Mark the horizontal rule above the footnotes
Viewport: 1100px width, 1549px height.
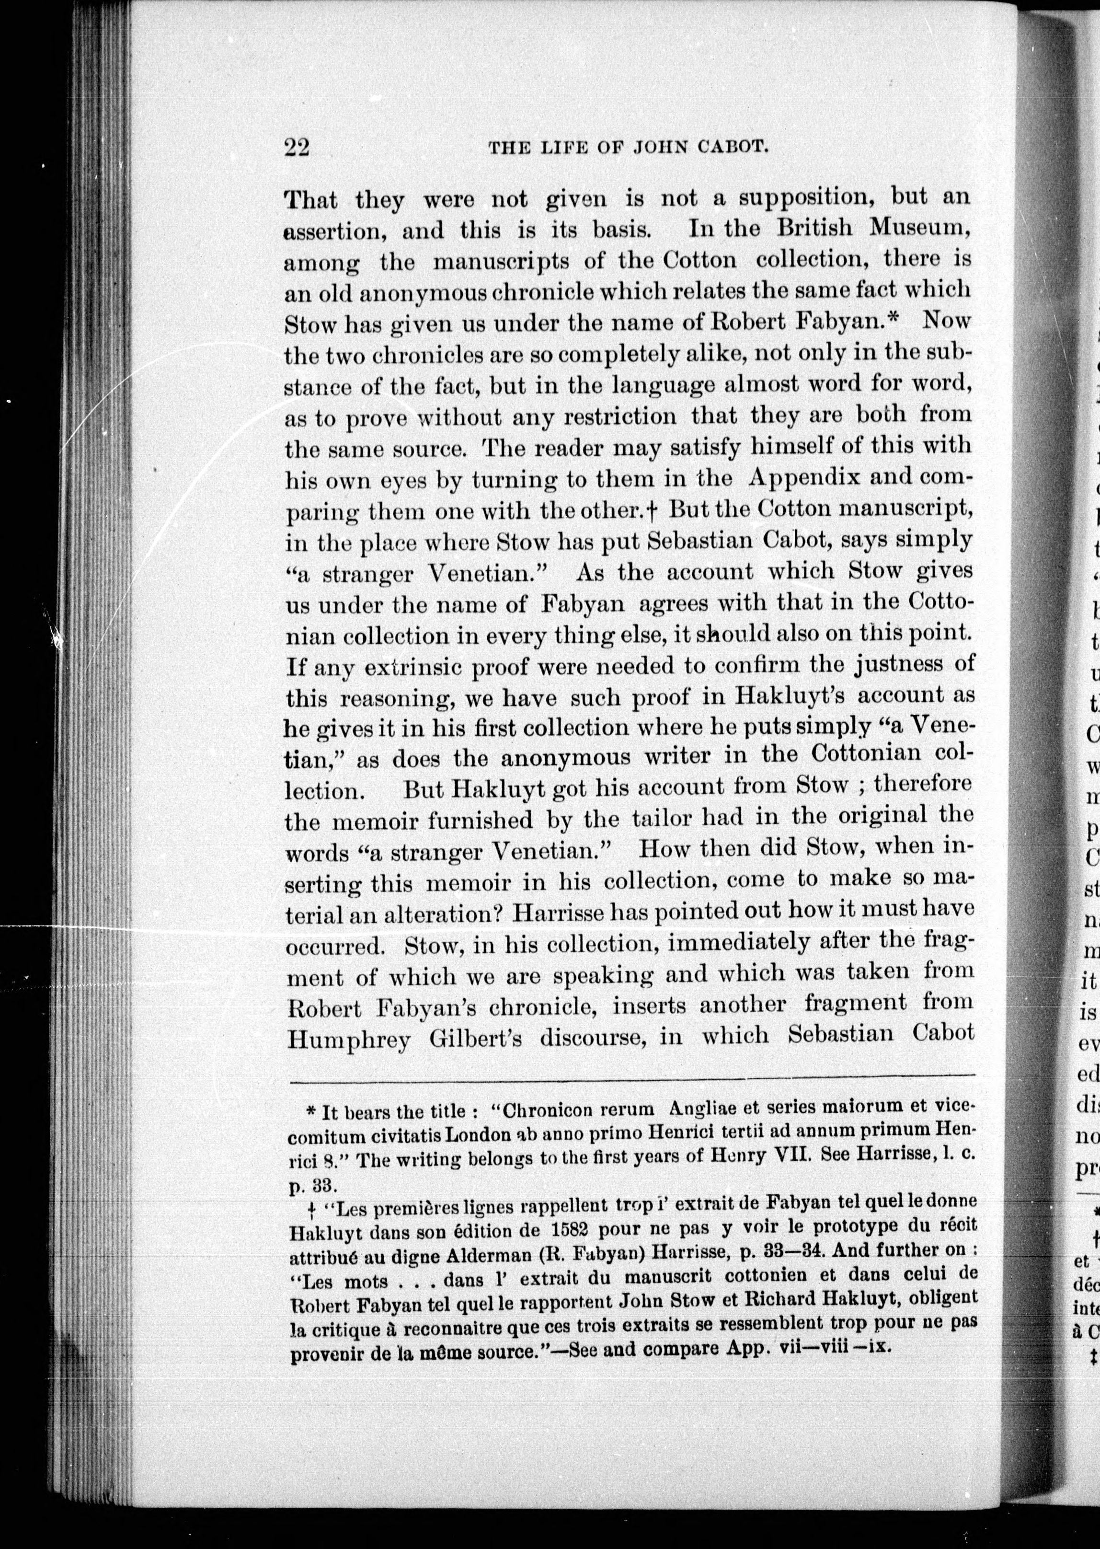pos(630,1076)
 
